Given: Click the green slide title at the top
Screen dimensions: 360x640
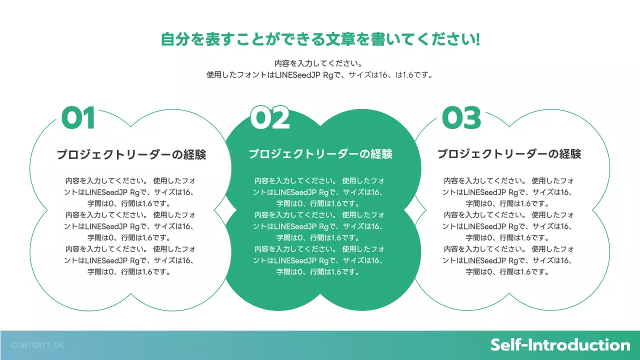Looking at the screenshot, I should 320,39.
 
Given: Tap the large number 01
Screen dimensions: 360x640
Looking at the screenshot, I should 78,118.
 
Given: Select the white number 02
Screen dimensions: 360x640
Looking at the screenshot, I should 269,118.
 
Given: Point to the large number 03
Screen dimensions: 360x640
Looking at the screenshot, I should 461,118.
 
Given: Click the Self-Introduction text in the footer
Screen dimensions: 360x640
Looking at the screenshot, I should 560,345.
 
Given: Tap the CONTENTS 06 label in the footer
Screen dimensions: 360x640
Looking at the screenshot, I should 37,345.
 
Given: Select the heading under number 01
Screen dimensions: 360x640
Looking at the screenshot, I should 131,154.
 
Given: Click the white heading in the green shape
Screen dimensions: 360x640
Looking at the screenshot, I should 320,154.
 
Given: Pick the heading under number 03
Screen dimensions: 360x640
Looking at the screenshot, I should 509,154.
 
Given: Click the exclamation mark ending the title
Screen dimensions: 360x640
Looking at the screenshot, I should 478,39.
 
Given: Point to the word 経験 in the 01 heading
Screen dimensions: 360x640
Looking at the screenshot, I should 194,154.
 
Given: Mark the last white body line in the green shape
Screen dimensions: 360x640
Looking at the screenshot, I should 318,272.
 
